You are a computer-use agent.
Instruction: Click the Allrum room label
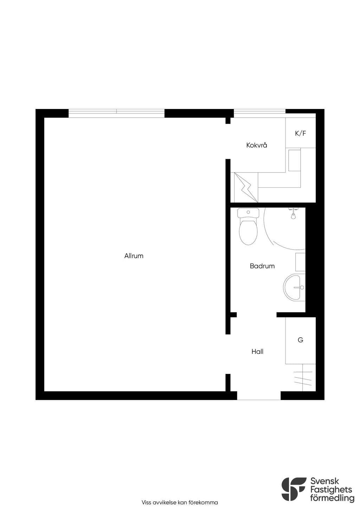[x=134, y=256]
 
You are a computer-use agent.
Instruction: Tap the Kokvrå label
[x=257, y=145]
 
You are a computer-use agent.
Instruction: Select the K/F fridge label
[x=301, y=133]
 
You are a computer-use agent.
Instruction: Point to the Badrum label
[x=262, y=266]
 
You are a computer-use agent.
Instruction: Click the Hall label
[x=257, y=352]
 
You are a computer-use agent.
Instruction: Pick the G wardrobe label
[x=300, y=340]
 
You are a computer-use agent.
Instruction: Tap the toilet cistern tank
[x=248, y=213]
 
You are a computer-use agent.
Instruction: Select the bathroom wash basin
[x=294, y=288]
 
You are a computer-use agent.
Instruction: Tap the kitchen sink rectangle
[x=294, y=160]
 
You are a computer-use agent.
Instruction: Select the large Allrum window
[x=116, y=113]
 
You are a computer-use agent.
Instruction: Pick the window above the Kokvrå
[x=259, y=113]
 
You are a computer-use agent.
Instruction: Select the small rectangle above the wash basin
[x=300, y=262]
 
